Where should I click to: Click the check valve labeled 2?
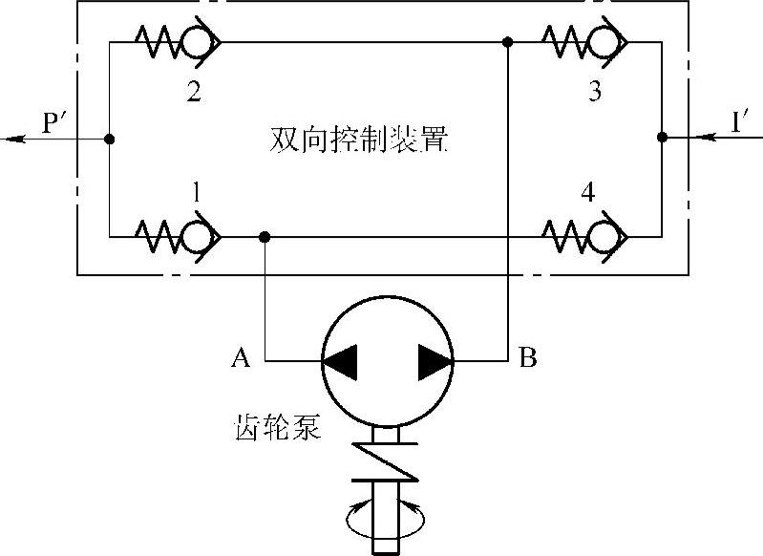(x=181, y=41)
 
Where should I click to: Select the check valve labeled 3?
(x=584, y=41)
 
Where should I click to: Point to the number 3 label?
(x=594, y=93)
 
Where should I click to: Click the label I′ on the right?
(x=737, y=122)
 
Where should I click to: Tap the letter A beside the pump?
(x=242, y=359)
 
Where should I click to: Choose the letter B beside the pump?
(x=527, y=359)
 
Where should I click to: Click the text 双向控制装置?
(x=359, y=143)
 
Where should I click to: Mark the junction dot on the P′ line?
(x=111, y=139)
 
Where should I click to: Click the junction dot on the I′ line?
(x=662, y=139)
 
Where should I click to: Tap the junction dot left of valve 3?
(x=509, y=42)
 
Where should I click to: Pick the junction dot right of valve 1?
(x=265, y=235)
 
